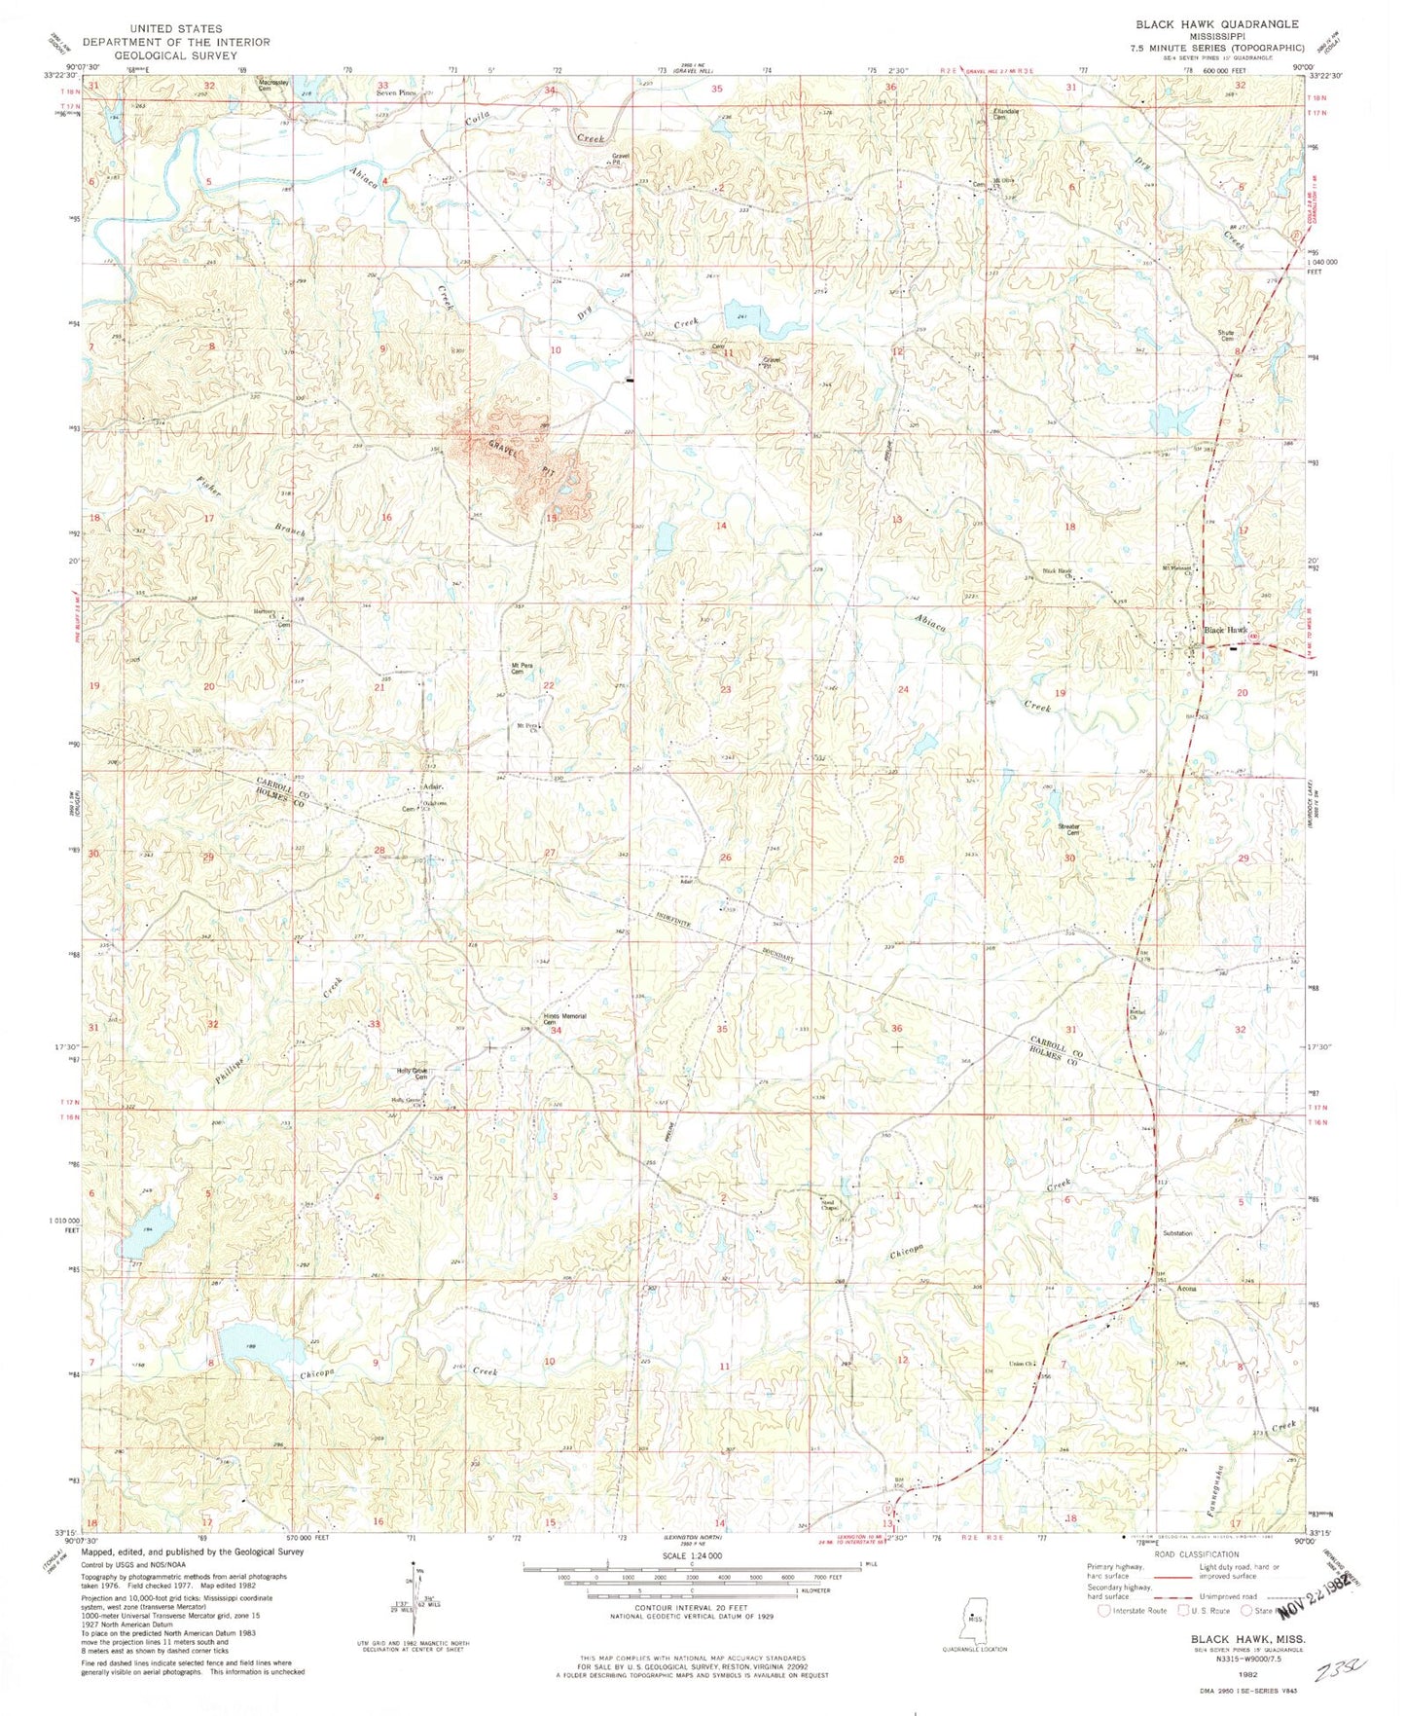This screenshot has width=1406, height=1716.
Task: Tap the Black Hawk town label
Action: click(1225, 630)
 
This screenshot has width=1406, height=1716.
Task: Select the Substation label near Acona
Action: click(1176, 1233)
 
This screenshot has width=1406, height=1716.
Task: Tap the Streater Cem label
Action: click(1069, 829)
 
